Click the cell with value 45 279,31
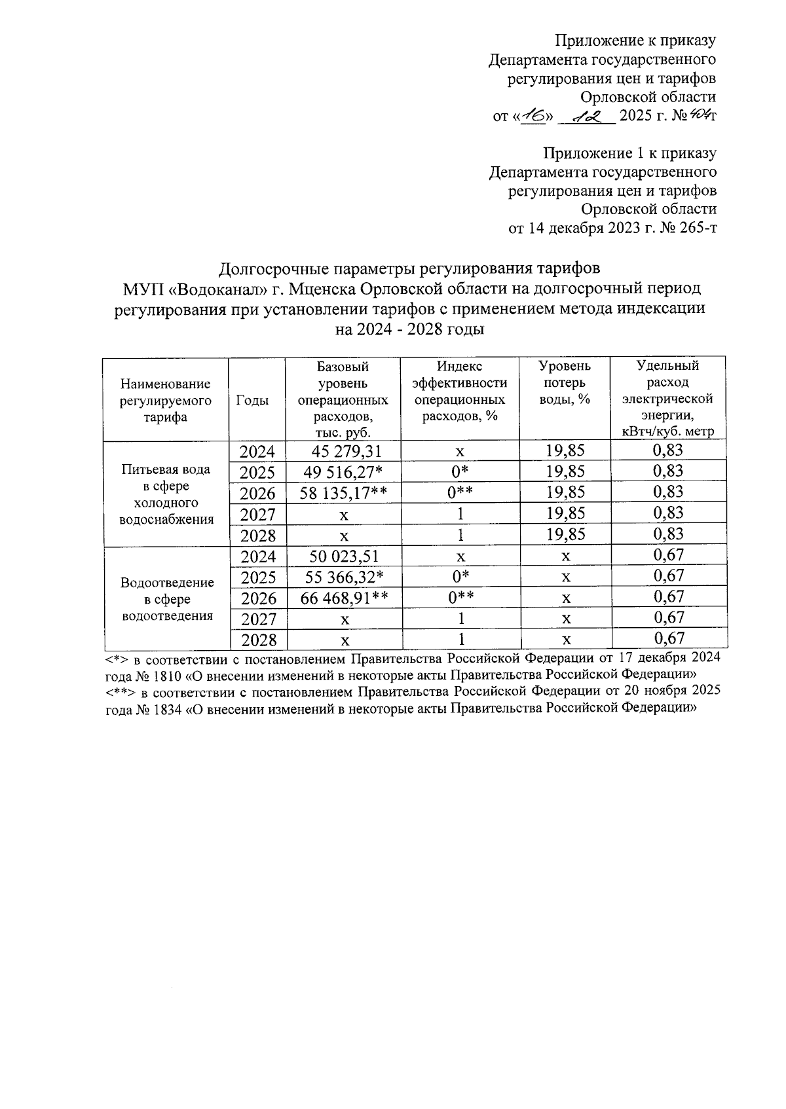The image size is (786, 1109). click(344, 450)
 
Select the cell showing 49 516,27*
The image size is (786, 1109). click(344, 471)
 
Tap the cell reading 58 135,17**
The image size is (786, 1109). click(344, 492)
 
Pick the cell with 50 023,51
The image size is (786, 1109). click(344, 556)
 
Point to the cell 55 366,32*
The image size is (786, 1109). click(344, 577)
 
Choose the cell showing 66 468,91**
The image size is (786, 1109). click(344, 598)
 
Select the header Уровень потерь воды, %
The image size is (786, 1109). click(565, 383)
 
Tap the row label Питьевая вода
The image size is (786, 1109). click(166, 469)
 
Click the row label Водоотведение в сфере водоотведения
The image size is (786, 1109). click(166, 599)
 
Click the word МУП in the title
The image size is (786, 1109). click(145, 289)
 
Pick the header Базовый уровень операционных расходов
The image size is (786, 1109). click(343, 399)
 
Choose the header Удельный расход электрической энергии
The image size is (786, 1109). click(667, 399)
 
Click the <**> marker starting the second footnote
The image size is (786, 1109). click(121, 691)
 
